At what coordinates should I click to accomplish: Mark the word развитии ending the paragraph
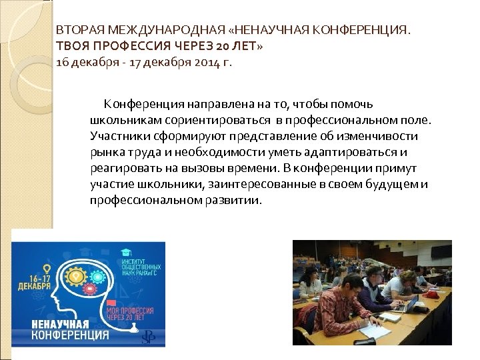[x=237, y=201]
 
